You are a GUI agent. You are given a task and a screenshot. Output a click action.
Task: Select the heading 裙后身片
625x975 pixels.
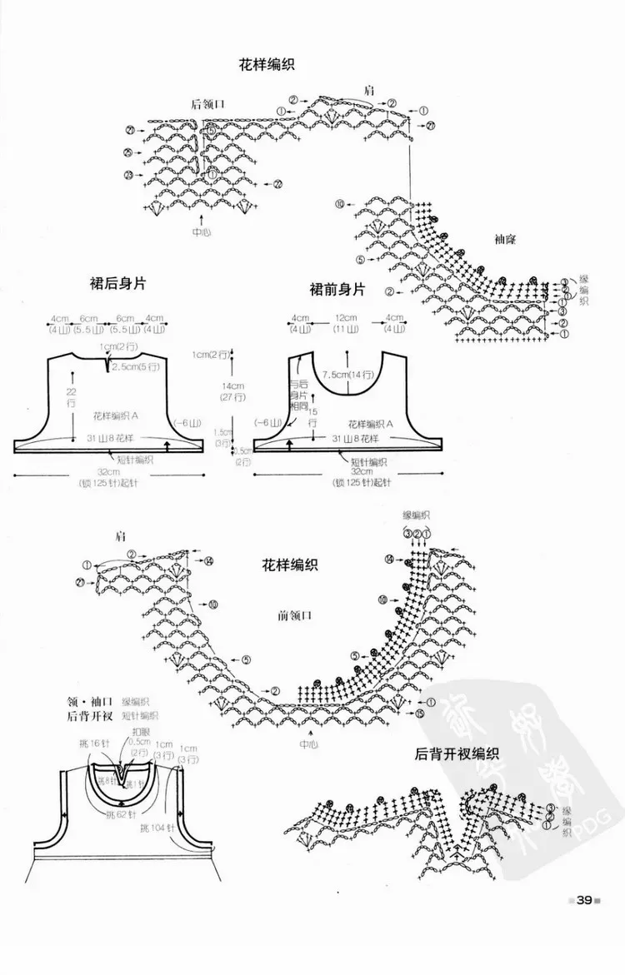tap(117, 284)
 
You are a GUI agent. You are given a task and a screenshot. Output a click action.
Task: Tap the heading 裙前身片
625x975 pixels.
tap(337, 290)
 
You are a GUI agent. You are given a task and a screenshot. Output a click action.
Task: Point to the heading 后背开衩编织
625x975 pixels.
tap(456, 755)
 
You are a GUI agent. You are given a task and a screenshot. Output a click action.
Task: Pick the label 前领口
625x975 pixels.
tap(295, 617)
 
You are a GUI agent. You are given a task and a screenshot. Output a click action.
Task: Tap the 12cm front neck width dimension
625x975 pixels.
tap(346, 318)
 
